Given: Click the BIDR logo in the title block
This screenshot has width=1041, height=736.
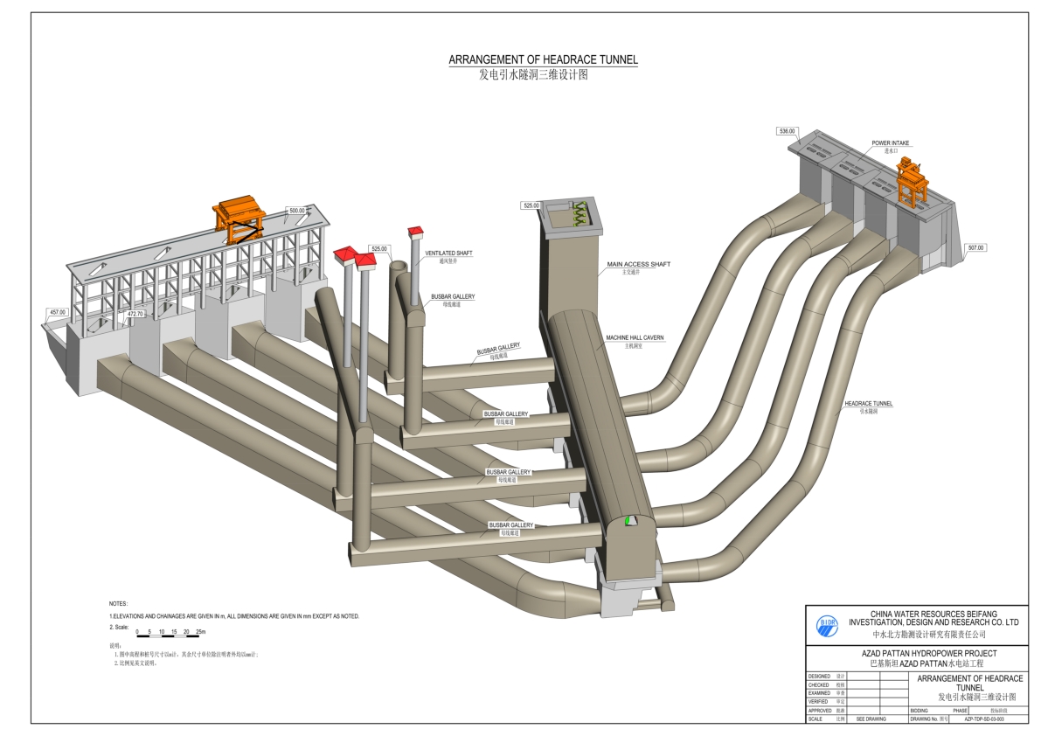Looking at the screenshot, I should [827, 624].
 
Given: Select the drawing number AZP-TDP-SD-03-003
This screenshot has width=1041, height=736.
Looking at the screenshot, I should [983, 719].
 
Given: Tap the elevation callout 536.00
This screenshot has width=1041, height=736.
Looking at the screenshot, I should [787, 131].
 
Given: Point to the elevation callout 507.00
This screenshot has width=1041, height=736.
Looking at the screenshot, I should [975, 247].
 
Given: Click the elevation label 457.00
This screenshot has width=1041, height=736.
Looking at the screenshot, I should [58, 311].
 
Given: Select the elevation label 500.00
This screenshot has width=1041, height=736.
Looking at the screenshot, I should [297, 210].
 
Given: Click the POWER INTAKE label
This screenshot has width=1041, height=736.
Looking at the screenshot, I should [890, 142].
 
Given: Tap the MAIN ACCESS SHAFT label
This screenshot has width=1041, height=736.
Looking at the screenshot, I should [639, 264].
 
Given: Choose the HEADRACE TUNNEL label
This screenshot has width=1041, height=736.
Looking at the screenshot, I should [868, 404].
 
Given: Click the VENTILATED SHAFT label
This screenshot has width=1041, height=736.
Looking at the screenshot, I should [448, 253].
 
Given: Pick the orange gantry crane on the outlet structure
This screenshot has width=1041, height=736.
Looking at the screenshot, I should [240, 219].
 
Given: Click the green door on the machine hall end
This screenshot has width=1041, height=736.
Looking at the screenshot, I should [628, 521].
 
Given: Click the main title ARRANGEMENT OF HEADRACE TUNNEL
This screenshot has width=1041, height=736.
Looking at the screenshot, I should [543, 60].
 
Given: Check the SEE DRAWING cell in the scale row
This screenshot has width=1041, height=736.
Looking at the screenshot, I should [871, 719].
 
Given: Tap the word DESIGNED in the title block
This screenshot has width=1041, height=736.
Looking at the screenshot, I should [819, 676].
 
